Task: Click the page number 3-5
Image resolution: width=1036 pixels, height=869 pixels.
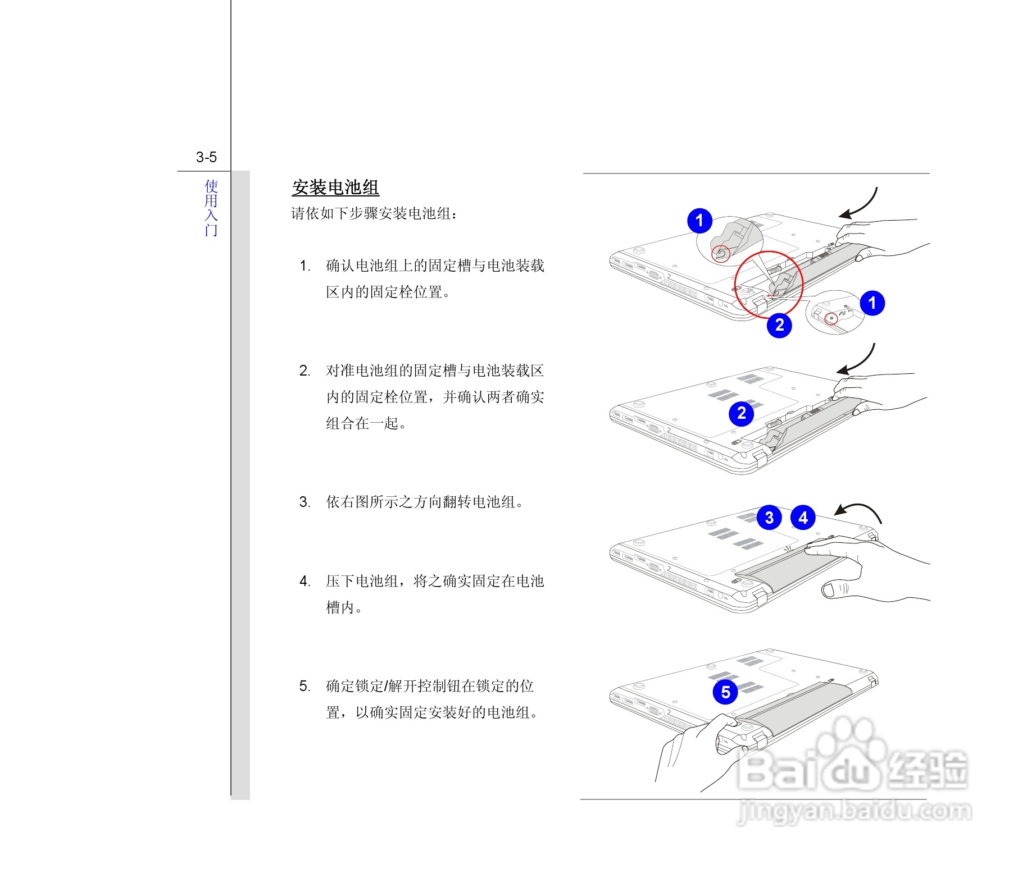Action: point(206,157)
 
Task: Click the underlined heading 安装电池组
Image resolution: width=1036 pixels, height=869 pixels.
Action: point(335,187)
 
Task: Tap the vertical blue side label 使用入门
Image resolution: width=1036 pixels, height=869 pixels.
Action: point(211,208)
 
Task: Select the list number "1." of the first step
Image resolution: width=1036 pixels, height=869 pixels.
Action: point(305,266)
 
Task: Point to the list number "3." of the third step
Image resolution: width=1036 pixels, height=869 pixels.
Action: point(305,502)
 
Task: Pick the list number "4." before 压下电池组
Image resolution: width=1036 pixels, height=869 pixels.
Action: point(305,581)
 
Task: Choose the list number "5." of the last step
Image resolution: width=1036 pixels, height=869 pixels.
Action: point(305,686)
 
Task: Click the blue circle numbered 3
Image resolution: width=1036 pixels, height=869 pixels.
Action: point(769,518)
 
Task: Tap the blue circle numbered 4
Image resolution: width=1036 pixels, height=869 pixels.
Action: point(803,518)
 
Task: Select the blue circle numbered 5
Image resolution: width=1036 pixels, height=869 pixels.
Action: point(725,692)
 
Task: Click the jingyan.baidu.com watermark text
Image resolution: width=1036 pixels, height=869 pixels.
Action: point(854,812)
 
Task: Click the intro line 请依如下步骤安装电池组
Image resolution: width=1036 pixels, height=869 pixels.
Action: point(374,213)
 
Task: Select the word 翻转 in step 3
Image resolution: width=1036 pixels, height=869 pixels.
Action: point(457,502)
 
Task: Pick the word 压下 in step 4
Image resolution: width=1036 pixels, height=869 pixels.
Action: point(340,581)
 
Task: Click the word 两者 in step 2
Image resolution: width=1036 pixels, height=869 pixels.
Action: point(501,397)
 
